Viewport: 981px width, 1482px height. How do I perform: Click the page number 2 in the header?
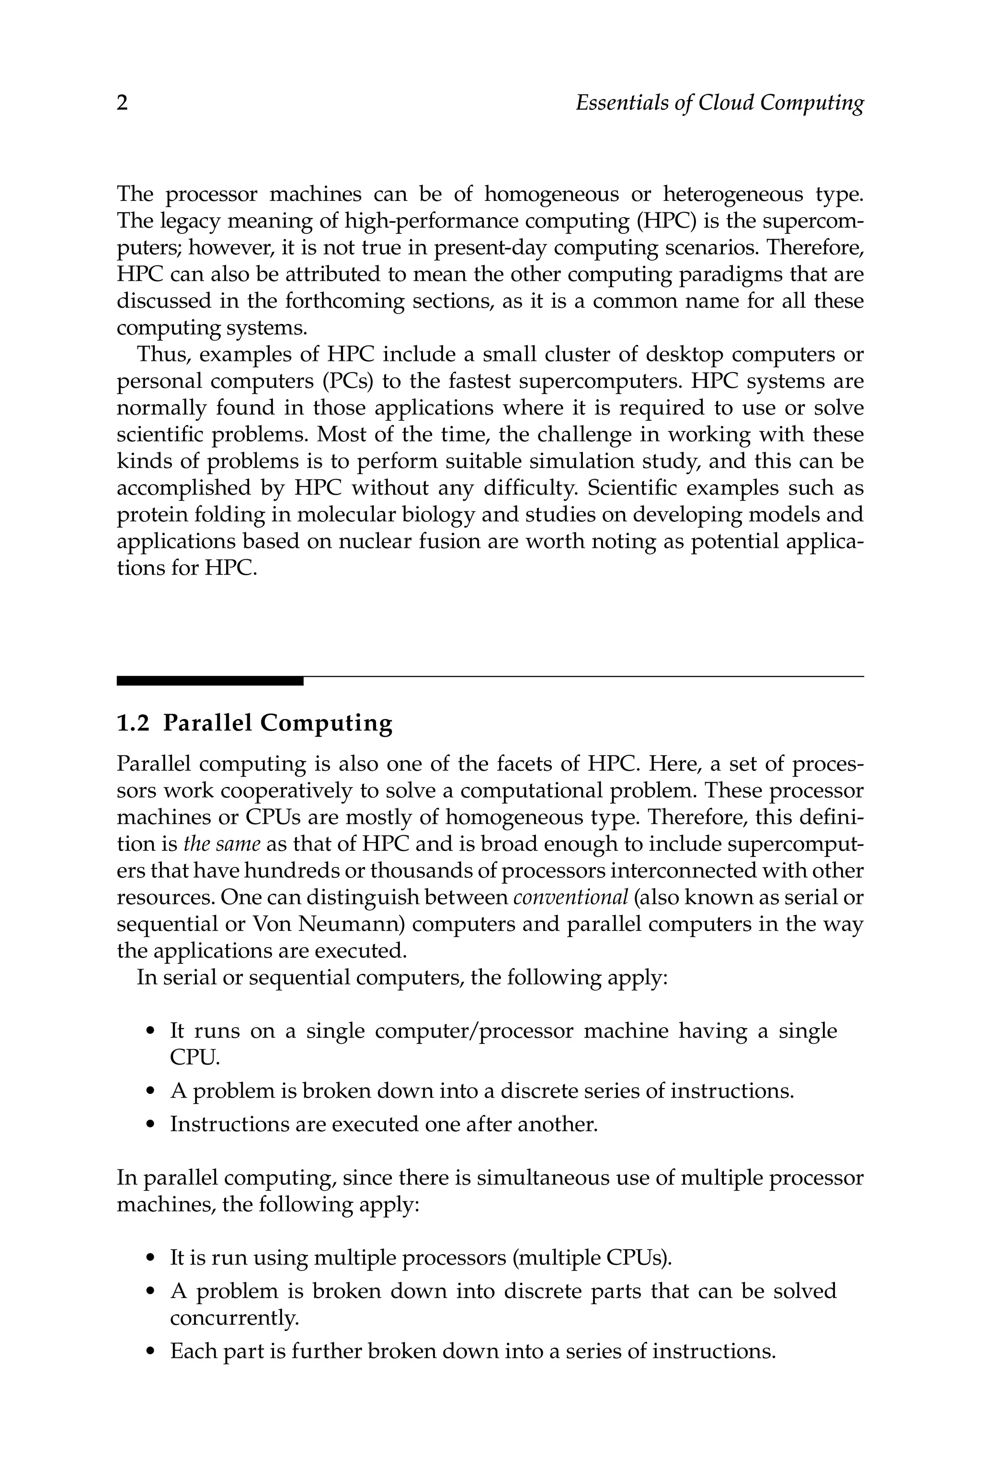coord(122,103)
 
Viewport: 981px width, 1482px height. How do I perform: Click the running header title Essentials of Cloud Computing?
coord(719,103)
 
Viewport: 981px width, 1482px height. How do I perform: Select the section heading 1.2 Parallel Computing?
coord(255,723)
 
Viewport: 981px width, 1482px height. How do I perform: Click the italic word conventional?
coord(570,897)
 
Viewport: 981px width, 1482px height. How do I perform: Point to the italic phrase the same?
coord(221,844)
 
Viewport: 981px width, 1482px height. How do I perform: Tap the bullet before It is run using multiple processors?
coord(149,1259)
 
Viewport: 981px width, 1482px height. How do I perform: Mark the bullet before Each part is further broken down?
coord(149,1352)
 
